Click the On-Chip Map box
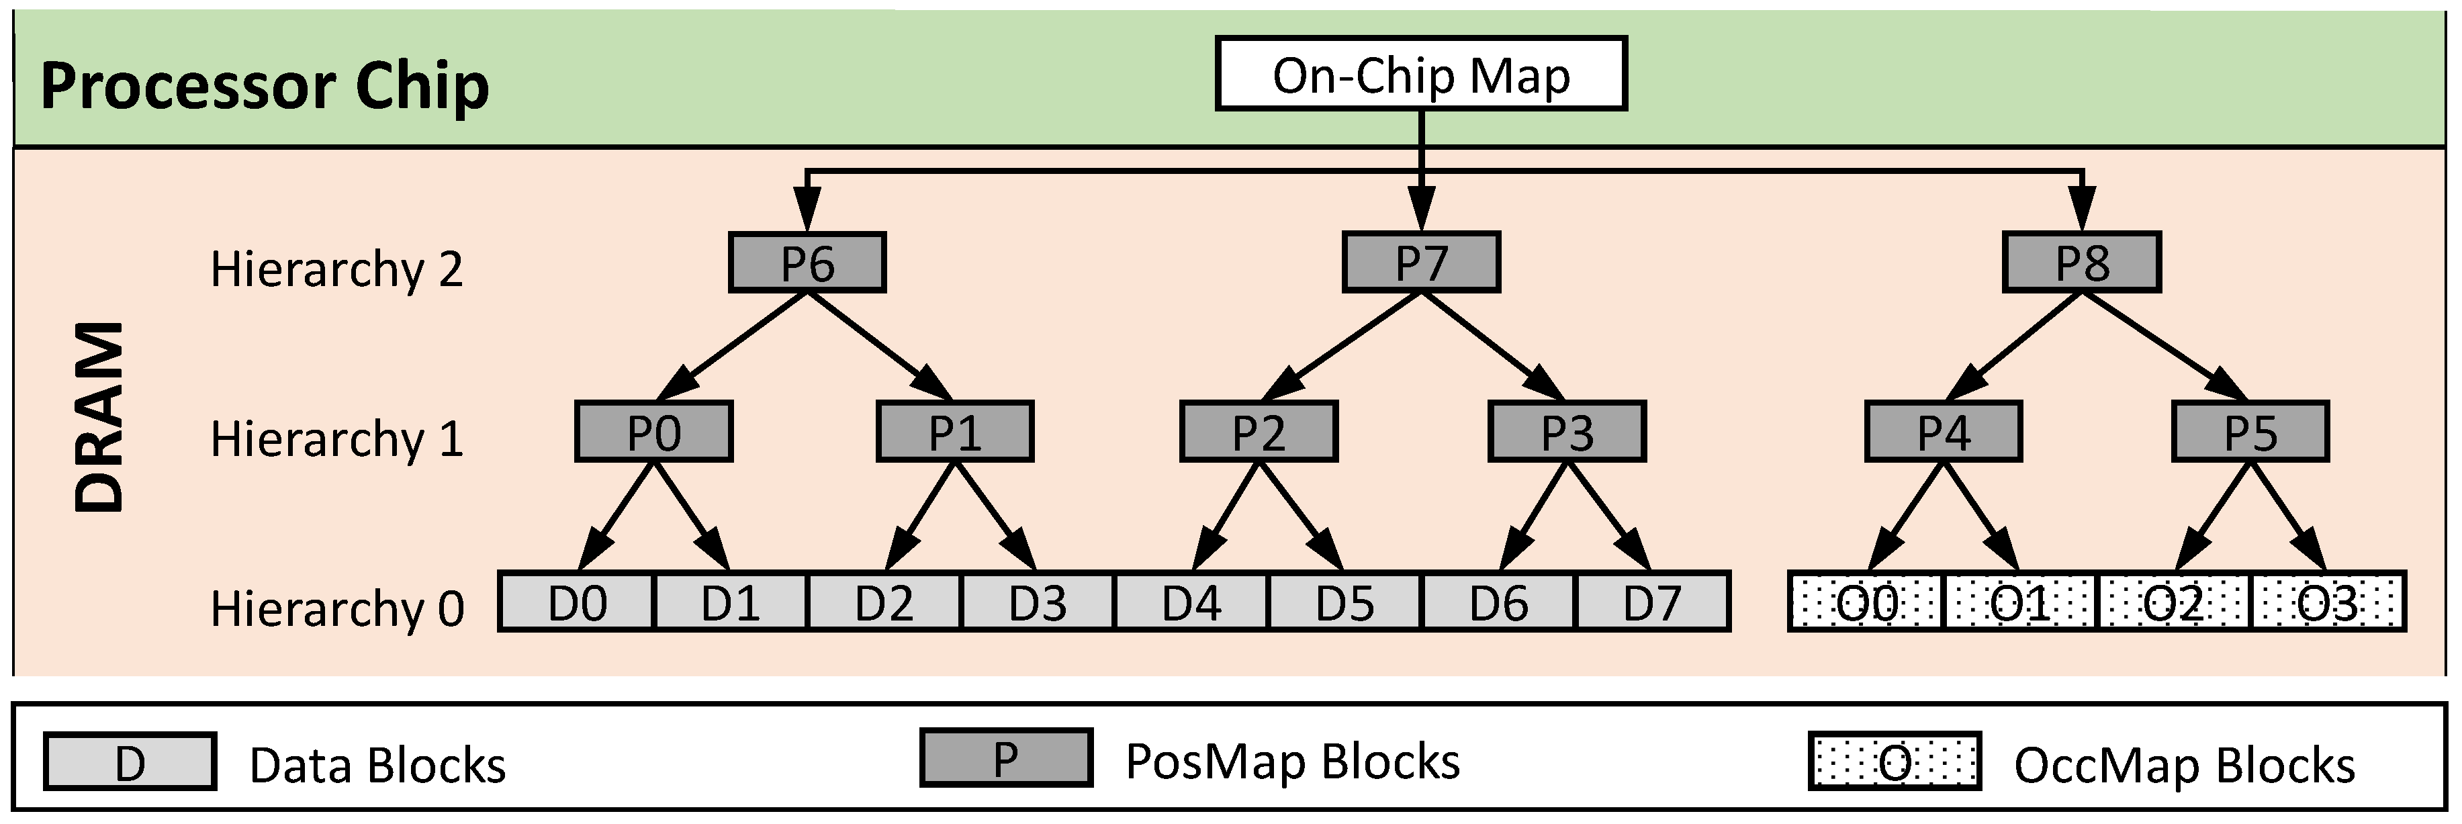click(1420, 74)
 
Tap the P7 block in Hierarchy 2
click(1420, 262)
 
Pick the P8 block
click(2082, 262)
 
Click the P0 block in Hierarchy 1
click(653, 432)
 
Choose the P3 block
click(1567, 432)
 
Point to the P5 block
click(2250, 432)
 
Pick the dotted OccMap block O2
click(2173, 602)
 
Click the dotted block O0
click(1866, 602)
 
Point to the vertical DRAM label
click(99, 418)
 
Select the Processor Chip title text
click(265, 86)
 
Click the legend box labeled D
click(130, 762)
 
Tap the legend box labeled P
click(1005, 758)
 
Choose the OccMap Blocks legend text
click(2184, 765)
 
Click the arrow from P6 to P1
click(879, 345)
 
